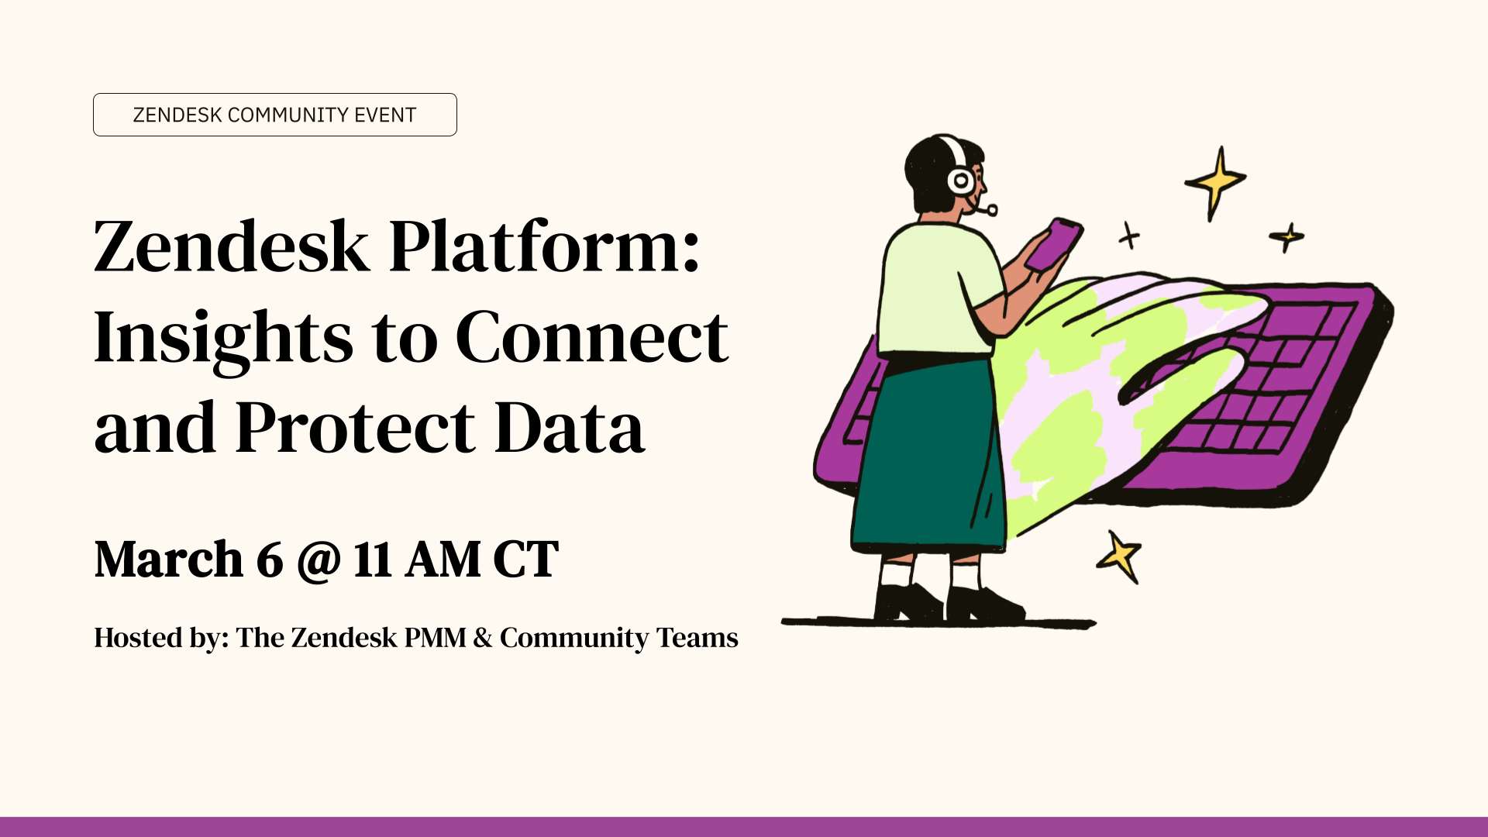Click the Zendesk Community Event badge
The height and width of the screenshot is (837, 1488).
click(x=275, y=115)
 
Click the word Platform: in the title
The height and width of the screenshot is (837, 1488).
click(x=545, y=246)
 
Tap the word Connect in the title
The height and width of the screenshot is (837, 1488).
click(x=592, y=337)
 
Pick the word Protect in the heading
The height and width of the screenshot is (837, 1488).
click(x=355, y=427)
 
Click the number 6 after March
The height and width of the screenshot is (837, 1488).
click(x=270, y=559)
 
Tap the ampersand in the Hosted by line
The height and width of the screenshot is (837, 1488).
click(x=483, y=638)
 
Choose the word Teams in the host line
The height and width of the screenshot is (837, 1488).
click(x=697, y=638)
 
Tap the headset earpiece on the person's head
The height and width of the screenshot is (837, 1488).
click(x=961, y=181)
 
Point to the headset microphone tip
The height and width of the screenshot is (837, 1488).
click(x=991, y=209)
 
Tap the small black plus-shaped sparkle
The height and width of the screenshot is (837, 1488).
click(x=1129, y=236)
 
